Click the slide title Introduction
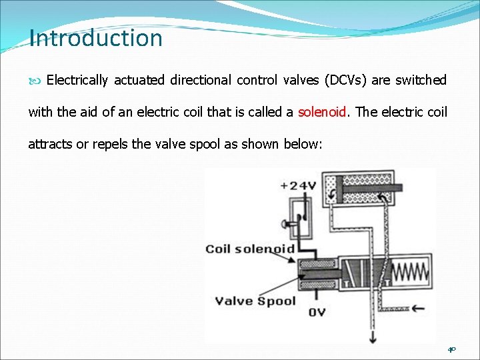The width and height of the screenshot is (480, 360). [96, 38]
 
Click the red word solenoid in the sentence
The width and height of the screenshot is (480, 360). [323, 112]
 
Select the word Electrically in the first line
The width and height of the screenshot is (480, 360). [77, 80]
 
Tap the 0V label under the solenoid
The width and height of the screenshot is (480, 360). [317, 311]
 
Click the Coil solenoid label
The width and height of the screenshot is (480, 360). [250, 249]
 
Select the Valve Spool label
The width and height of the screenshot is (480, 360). [255, 301]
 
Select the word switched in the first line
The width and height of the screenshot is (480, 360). [421, 80]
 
